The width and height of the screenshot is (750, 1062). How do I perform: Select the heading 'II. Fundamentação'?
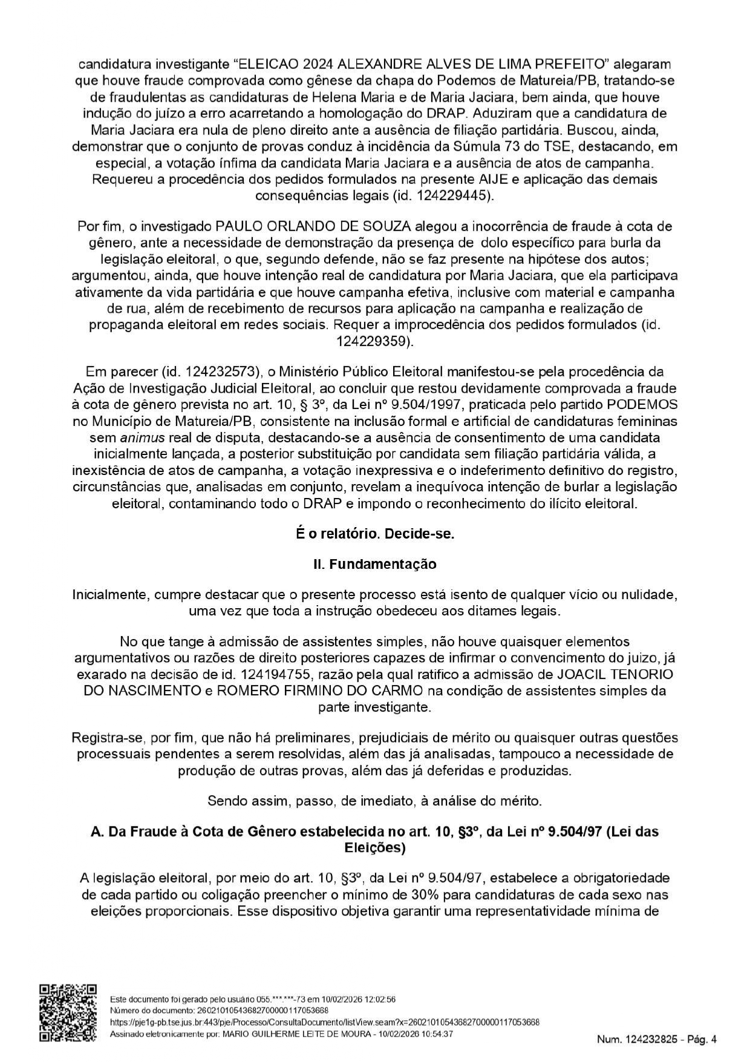coord(374,564)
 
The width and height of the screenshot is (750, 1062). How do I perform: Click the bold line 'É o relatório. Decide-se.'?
coord(374,534)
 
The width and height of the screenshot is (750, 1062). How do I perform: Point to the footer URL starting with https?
coord(325,1022)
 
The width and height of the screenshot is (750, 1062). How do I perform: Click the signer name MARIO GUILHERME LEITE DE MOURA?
coord(296,1034)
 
